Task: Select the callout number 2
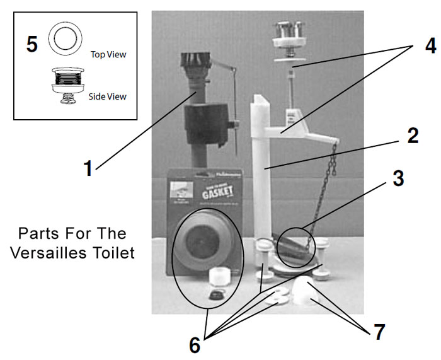click(411, 136)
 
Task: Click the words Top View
click(108, 54)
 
